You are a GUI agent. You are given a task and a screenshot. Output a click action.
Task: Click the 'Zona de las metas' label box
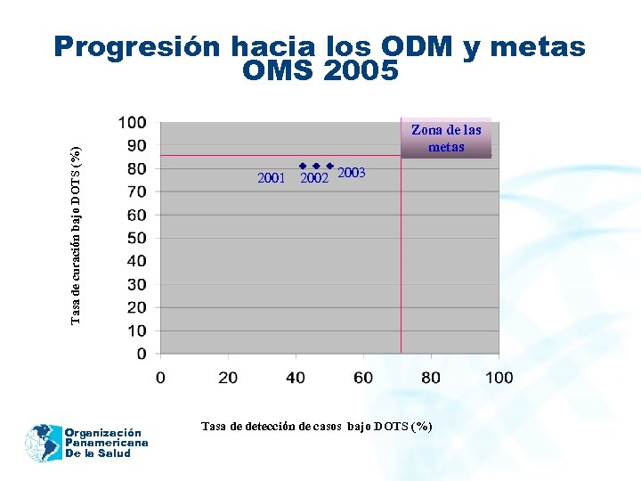pyautogui.click(x=446, y=138)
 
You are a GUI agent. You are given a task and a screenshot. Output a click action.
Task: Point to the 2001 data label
pyautogui.click(x=271, y=178)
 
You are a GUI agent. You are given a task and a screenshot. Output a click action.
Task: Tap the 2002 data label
pyautogui.click(x=314, y=179)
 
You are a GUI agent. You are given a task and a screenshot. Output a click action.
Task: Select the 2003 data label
pyautogui.click(x=352, y=173)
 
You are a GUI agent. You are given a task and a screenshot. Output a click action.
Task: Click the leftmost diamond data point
pyautogui.click(x=303, y=166)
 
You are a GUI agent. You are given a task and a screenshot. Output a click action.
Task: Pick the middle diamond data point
pyautogui.click(x=316, y=166)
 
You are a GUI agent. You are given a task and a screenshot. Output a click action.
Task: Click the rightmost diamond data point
pyautogui.click(x=330, y=166)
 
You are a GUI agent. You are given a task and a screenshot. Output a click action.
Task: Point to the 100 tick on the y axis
pyautogui.click(x=134, y=122)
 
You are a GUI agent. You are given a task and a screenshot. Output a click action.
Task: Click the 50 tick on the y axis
pyautogui.click(x=137, y=238)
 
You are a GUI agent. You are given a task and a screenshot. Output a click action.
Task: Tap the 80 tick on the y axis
pyautogui.click(x=137, y=168)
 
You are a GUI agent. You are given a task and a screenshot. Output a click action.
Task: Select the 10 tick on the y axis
pyautogui.click(x=137, y=330)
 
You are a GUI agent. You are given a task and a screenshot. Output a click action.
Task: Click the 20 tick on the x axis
pyautogui.click(x=228, y=378)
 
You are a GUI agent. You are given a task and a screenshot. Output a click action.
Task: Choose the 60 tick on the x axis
pyautogui.click(x=363, y=378)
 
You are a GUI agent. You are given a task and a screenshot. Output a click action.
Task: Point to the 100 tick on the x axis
pyautogui.click(x=499, y=378)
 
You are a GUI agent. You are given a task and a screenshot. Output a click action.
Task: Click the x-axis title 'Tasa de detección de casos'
pyautogui.click(x=317, y=427)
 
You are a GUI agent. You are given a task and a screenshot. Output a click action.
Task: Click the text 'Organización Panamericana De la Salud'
pyautogui.click(x=105, y=443)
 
